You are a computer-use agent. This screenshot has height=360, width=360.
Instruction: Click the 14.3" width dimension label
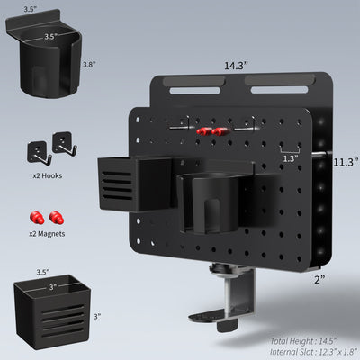click(237, 65)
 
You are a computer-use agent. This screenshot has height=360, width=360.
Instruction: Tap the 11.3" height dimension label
click(345, 162)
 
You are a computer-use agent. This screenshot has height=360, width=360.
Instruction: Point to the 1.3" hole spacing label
click(289, 158)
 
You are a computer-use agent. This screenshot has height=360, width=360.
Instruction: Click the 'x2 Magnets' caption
click(47, 233)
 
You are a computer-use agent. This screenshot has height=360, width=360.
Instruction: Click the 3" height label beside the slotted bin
click(96, 316)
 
